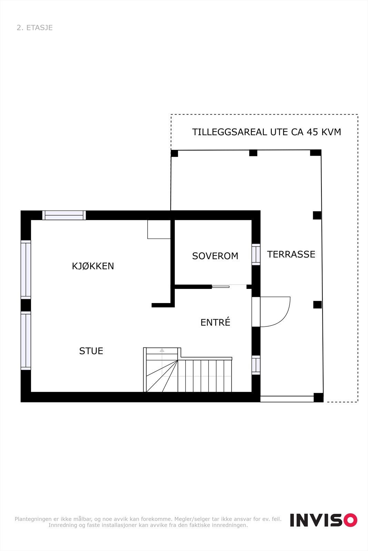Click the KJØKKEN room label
93,266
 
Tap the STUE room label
91,351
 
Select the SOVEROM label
215,256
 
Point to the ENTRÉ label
215,322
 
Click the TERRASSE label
291,254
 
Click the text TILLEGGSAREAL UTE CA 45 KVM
266,132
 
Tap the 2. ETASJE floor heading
34,28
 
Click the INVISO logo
323,520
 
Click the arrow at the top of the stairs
162,351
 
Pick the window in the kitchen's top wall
64,215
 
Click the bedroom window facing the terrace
256,254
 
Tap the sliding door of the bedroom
221,287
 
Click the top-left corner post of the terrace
175,153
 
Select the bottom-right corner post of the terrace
318,397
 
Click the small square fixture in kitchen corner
159,229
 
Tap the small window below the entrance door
256,365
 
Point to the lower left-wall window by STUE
26,341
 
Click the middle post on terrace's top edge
253,153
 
